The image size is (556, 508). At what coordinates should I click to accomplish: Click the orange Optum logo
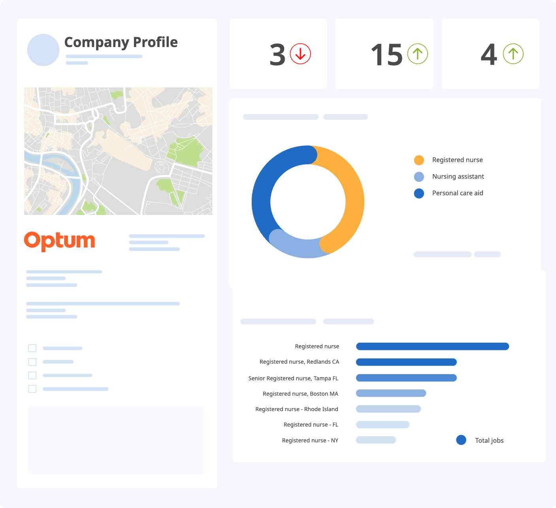(60, 241)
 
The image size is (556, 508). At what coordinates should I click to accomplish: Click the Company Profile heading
(121, 42)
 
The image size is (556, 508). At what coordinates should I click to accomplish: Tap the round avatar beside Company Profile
(43, 50)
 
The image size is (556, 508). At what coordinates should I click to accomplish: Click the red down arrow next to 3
(300, 54)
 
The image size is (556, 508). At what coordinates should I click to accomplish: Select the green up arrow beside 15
(418, 54)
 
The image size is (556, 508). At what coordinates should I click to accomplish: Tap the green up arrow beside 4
(513, 54)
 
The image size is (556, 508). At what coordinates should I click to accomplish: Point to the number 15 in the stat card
(386, 55)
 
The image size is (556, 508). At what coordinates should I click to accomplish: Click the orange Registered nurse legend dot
(419, 160)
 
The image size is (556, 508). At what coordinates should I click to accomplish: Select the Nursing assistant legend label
(458, 177)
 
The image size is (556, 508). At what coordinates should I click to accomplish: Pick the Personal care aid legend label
(458, 193)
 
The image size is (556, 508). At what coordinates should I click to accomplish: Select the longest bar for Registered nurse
(432, 346)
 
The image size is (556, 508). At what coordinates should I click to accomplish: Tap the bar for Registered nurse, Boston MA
(391, 393)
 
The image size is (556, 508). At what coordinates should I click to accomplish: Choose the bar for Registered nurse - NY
(376, 440)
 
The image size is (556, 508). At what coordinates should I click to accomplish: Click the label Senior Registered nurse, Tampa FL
(293, 378)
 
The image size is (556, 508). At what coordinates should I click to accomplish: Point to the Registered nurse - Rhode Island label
(297, 409)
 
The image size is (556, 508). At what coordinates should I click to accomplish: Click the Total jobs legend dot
(461, 440)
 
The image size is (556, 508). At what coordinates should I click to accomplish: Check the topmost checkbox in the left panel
(32, 348)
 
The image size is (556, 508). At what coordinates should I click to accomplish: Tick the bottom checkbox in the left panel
(32, 389)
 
